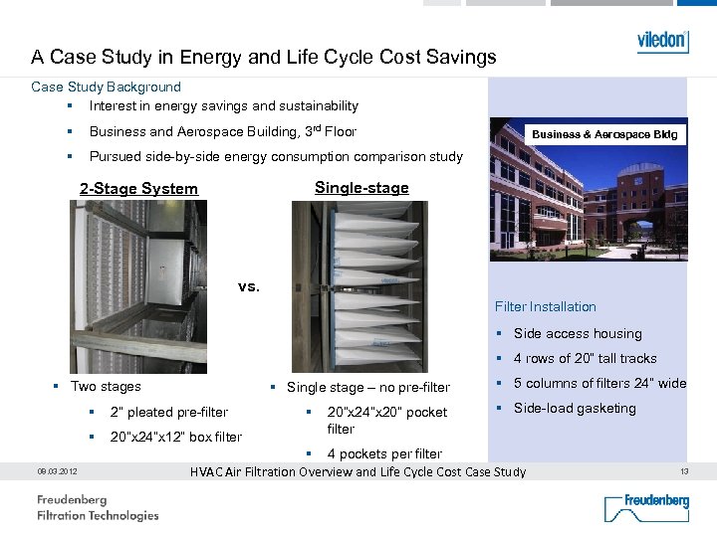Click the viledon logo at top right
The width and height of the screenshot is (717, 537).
click(x=662, y=42)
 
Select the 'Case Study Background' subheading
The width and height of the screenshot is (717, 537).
click(x=107, y=88)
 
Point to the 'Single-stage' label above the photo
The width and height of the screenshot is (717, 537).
click(x=361, y=188)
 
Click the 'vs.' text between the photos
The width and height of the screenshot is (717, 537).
click(x=249, y=286)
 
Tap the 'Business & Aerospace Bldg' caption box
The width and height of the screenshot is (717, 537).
click(x=604, y=134)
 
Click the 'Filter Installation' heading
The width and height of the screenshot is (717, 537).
click(x=546, y=306)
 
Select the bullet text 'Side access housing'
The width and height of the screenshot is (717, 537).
click(x=578, y=334)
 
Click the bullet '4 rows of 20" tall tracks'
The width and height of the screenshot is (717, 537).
click(x=586, y=359)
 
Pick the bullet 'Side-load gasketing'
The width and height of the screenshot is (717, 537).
click(x=575, y=409)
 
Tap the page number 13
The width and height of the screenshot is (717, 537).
click(x=683, y=471)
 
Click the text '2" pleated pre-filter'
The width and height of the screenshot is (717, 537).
click(x=169, y=413)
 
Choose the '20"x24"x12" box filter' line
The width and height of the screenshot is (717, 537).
click(x=176, y=438)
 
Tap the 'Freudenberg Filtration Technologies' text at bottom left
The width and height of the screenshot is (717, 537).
click(x=98, y=507)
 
